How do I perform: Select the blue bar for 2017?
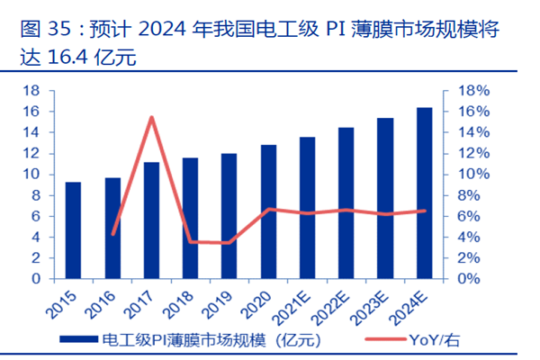click(x=151, y=220)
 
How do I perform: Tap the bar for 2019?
click(x=229, y=216)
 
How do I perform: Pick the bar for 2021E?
click(x=307, y=208)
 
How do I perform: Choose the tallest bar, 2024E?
click(x=424, y=193)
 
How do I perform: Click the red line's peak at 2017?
click(x=151, y=117)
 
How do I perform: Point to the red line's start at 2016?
click(x=112, y=234)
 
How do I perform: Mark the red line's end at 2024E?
click(x=424, y=211)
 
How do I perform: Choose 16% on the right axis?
click(x=473, y=112)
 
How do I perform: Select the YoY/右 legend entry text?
click(x=438, y=340)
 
